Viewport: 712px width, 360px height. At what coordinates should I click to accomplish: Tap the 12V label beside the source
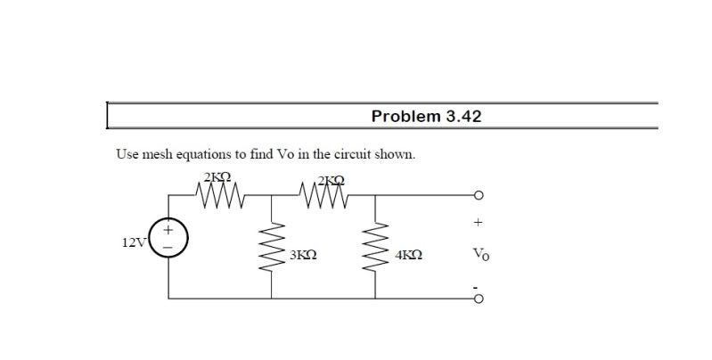[133, 243]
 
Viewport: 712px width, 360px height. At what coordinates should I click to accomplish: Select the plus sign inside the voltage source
[168, 230]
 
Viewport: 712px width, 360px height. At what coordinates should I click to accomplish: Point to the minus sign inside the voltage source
[168, 248]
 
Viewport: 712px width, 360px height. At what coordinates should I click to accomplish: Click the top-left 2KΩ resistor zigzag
[221, 196]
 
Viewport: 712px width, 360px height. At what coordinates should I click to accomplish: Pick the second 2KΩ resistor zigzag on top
[323, 196]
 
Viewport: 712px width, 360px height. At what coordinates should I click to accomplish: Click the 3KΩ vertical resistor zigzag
[272, 248]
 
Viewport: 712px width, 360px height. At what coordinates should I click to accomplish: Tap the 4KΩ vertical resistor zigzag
[375, 248]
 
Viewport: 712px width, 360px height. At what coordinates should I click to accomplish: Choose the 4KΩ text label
[408, 255]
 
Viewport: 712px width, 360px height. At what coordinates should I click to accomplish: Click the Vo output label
[481, 254]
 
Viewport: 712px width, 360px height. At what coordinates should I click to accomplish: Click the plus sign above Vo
[478, 223]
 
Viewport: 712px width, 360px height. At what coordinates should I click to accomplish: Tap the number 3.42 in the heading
[463, 117]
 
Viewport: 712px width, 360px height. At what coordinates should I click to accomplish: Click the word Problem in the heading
[406, 117]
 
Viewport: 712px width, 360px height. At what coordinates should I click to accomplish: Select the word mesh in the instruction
[158, 154]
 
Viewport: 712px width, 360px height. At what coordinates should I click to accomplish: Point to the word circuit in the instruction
[352, 154]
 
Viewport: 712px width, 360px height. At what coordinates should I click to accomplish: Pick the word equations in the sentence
[204, 155]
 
